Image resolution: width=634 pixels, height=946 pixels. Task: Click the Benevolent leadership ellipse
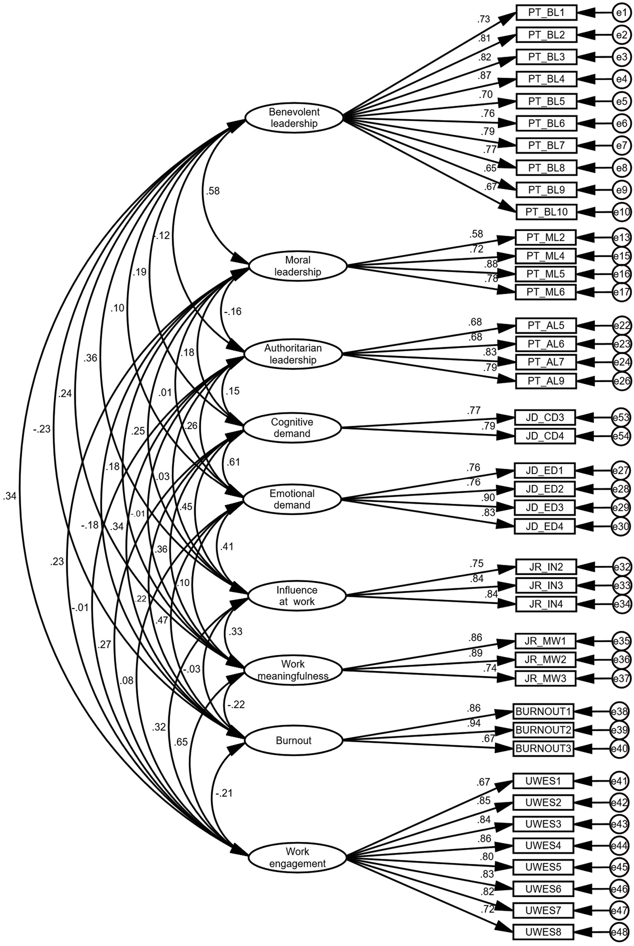click(294, 118)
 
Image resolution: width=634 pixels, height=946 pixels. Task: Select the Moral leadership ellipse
click(298, 266)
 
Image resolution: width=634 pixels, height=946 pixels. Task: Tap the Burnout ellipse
click(294, 740)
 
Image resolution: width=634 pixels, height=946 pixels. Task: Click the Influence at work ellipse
click(297, 596)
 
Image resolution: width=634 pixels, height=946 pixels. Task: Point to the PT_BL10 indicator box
click(546, 212)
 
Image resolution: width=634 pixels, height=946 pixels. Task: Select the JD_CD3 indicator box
click(544, 417)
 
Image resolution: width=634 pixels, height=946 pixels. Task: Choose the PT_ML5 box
click(546, 274)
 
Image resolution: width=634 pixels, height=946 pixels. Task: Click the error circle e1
click(622, 13)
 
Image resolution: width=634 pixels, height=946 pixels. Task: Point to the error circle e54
click(621, 436)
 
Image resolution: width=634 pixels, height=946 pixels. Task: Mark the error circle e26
click(621, 381)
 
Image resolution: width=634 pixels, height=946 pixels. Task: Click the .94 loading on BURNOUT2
click(474, 723)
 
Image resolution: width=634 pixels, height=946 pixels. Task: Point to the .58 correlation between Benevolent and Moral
click(213, 191)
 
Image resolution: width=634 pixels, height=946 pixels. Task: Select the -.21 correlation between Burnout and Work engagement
click(223, 793)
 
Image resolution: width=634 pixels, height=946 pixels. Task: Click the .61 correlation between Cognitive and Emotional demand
click(233, 462)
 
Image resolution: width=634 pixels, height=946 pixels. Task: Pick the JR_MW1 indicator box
click(544, 641)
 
